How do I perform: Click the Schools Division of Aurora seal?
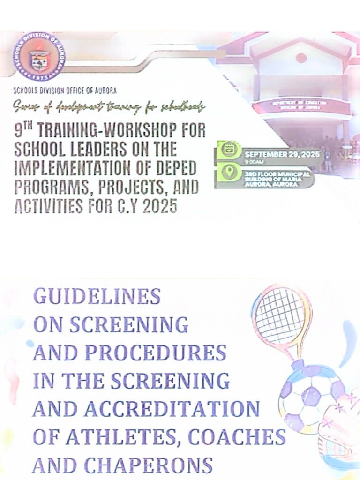tap(39, 56)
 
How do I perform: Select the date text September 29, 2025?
tap(282, 154)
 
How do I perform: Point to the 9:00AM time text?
tap(254, 162)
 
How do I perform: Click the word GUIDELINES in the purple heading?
tap(97, 296)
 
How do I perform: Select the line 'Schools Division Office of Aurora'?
tap(65, 90)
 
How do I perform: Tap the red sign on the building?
tap(302, 106)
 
